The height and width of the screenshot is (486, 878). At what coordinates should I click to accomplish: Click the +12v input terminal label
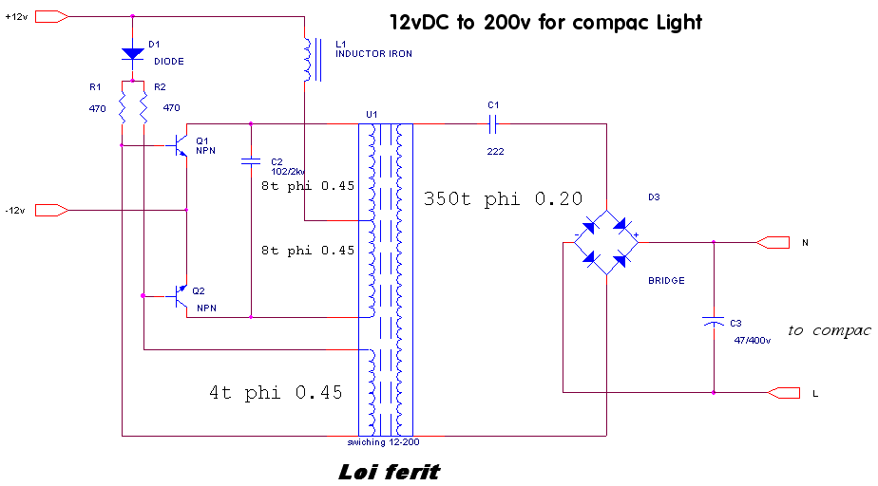pos(18,16)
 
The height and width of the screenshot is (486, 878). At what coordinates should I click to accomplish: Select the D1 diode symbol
pos(132,53)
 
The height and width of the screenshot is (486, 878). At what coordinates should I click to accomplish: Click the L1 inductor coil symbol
pos(307,60)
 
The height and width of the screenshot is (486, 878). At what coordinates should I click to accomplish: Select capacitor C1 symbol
pos(492,122)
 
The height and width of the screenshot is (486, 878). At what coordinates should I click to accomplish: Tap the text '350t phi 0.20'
pos(503,200)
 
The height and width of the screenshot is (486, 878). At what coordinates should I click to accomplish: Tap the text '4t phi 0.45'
pos(276,392)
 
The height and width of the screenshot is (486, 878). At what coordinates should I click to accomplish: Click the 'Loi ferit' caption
pos(390,471)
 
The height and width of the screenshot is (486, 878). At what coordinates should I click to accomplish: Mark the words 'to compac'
pos(830,330)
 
